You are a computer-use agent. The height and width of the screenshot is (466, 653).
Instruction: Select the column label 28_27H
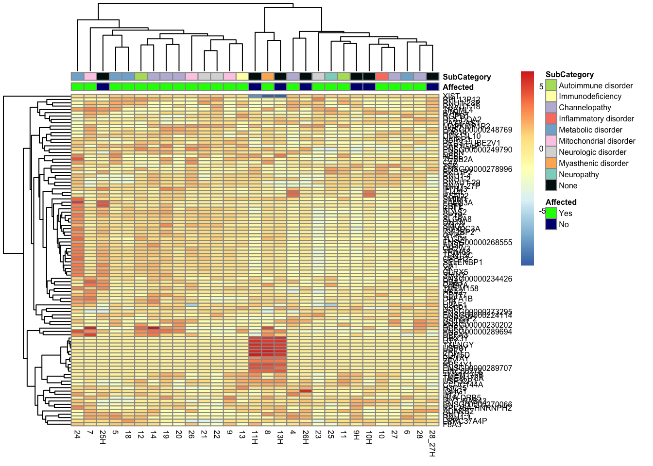[x=432, y=443]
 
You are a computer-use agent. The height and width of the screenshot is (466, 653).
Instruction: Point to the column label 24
[x=77, y=434]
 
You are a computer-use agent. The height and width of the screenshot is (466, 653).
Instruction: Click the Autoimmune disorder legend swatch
[x=551, y=85]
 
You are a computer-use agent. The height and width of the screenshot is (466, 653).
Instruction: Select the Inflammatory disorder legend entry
[x=596, y=119]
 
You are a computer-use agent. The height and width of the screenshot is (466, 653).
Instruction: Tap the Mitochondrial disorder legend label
[x=597, y=141]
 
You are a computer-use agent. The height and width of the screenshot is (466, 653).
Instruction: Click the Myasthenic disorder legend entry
[x=593, y=164]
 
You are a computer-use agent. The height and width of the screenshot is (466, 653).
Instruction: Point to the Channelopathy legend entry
[x=585, y=108]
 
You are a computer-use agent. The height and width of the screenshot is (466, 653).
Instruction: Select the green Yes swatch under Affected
[x=551, y=213]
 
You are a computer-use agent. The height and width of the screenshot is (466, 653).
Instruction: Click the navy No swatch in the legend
[x=551, y=224]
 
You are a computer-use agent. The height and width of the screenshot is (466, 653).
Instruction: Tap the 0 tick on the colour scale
[x=541, y=149]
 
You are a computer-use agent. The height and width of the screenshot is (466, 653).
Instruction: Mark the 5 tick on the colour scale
[x=541, y=86]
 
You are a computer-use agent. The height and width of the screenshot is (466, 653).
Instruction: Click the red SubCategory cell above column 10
[x=381, y=76]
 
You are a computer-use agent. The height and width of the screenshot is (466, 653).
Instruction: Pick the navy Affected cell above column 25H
[x=103, y=87]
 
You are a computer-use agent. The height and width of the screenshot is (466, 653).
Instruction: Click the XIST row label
[x=451, y=96]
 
